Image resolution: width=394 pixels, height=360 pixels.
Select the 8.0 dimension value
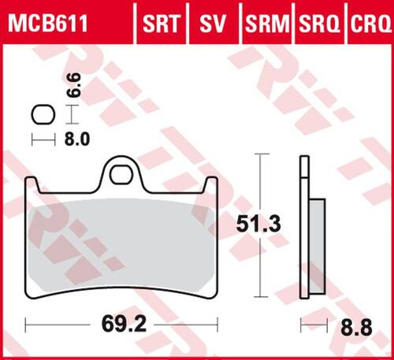[72, 139]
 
